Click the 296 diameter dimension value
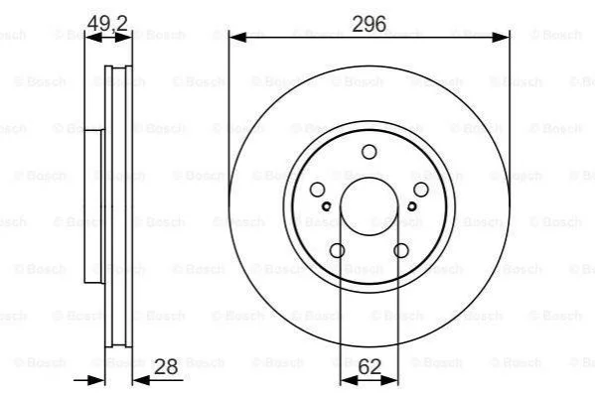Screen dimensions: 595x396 coord(369,24)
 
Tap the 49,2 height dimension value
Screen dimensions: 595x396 coord(107,23)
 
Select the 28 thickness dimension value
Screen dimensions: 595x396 coord(166,366)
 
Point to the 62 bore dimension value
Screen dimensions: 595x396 coord(370,366)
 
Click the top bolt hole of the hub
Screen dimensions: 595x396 coord(369,152)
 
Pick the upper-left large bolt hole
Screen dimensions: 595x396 coord(317,190)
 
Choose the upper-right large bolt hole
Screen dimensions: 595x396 coord(421,190)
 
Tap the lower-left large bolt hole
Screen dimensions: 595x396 coord(337,250)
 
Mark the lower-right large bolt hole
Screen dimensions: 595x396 coord(400,250)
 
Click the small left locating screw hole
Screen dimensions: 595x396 coord(327,206)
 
